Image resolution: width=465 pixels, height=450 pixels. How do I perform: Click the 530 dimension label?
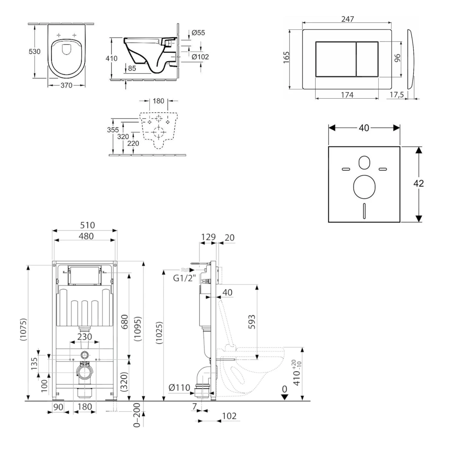point(34,51)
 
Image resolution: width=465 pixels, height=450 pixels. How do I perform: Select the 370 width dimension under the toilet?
point(66,85)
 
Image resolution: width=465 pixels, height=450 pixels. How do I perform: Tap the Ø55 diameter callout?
point(198,33)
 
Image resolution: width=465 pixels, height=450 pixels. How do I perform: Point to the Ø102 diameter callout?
point(200,57)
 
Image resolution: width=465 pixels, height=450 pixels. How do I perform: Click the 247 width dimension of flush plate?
point(348,19)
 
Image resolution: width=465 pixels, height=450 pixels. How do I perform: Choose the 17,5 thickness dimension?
point(396,95)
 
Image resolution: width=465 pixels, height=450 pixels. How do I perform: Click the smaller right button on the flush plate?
point(367,59)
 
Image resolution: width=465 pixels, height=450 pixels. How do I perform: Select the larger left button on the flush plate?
point(335,59)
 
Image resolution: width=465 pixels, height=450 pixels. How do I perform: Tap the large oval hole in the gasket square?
point(364,186)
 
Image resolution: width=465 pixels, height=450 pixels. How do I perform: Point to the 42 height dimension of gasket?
point(418,184)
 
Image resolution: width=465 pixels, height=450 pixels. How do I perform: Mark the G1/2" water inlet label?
point(184,278)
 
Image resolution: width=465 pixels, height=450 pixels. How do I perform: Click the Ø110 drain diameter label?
point(179,387)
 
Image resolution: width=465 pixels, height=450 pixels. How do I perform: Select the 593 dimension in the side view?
point(252,322)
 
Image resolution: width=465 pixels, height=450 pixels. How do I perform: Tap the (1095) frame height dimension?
point(138,329)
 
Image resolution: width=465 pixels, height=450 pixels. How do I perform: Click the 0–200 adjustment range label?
point(137,415)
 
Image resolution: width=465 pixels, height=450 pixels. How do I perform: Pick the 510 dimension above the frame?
point(87,225)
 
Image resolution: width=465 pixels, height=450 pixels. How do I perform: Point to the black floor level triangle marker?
point(285,397)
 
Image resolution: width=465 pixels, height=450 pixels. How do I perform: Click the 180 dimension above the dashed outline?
point(158,101)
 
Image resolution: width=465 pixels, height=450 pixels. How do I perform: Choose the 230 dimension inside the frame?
point(85,336)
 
